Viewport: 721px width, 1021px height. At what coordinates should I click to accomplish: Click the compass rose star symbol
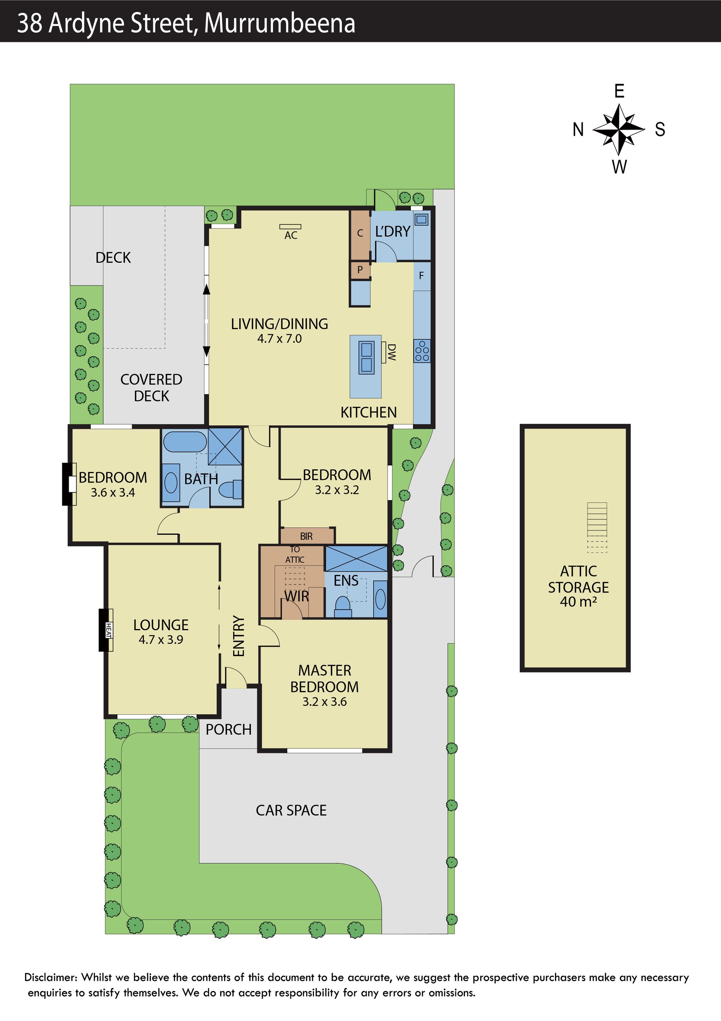tap(619, 129)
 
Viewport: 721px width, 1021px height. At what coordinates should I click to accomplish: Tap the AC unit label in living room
tap(291, 235)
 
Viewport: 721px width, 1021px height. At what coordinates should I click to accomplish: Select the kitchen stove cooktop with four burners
tap(422, 351)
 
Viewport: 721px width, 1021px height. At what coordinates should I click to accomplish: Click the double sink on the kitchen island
tap(366, 357)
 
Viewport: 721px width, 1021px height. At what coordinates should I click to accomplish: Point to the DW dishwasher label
tap(391, 352)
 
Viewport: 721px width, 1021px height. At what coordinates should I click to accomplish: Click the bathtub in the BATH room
tap(185, 442)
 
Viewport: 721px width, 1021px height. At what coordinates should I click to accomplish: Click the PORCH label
tap(228, 730)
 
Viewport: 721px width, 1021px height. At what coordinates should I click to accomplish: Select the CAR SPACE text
tap(291, 810)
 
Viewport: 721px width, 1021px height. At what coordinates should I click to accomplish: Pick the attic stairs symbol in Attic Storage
tap(597, 527)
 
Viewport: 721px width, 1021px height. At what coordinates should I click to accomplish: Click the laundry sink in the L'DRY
tap(421, 219)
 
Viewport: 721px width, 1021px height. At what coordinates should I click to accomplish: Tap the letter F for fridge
tap(421, 276)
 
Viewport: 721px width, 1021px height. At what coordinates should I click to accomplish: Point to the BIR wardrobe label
tap(306, 536)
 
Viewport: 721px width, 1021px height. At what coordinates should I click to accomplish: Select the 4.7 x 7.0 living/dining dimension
tap(280, 339)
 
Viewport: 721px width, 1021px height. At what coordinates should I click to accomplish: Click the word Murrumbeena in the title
tap(280, 23)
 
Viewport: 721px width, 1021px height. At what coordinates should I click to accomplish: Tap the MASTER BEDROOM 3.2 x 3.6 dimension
tap(324, 702)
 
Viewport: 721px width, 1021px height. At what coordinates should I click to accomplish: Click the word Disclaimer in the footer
tap(51, 977)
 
